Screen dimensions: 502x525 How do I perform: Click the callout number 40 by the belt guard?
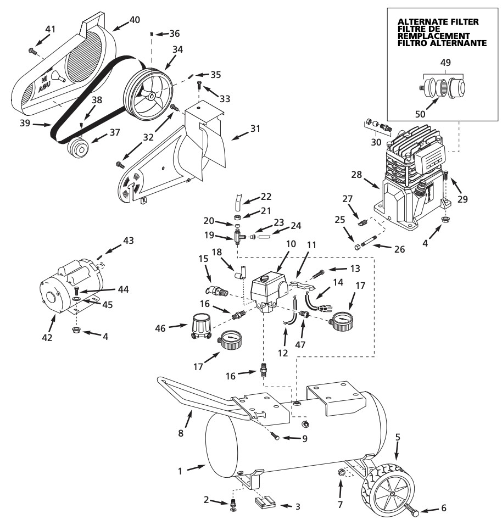click(x=135, y=20)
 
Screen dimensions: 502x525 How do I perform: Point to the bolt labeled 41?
click(x=32, y=51)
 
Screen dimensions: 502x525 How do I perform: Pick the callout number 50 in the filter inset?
click(x=420, y=114)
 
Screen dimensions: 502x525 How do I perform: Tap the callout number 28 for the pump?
click(x=356, y=175)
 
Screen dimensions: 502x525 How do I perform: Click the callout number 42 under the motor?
click(x=47, y=338)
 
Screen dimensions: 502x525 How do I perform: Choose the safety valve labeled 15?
click(x=217, y=291)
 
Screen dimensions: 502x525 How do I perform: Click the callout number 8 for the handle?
click(x=181, y=433)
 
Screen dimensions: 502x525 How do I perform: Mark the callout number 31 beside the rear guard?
click(x=255, y=129)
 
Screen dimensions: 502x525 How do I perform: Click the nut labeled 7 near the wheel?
click(x=341, y=472)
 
